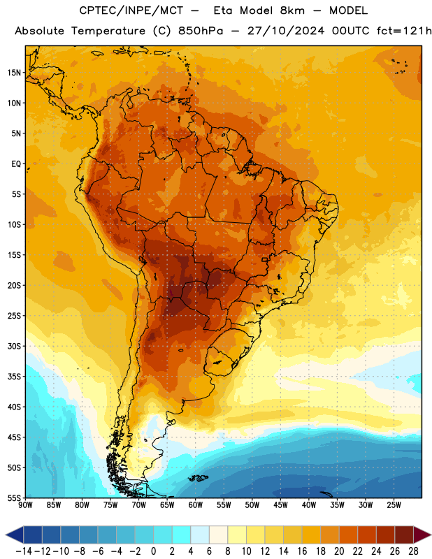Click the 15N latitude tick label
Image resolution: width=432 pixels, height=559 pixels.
[14, 73]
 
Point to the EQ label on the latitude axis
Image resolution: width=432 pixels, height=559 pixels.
[16, 164]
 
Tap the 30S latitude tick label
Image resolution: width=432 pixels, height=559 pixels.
[14, 346]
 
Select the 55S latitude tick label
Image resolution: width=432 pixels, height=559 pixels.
[14, 498]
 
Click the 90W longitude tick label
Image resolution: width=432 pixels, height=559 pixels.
[25, 505]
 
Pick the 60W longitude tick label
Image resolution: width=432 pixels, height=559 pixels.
[196, 505]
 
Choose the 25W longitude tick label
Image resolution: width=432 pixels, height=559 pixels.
[394, 505]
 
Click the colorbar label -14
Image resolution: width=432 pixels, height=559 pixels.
[24, 551]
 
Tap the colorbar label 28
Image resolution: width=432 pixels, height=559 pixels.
[413, 551]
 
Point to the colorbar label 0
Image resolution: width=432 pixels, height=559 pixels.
[154, 551]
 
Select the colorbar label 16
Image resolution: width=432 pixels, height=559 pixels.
[302, 551]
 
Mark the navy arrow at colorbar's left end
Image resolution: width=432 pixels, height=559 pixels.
[15, 535]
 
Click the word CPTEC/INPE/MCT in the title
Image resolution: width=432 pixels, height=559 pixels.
[131, 10]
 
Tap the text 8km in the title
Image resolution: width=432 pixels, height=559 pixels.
[293, 10]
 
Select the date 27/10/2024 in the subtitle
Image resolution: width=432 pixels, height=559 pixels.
[286, 31]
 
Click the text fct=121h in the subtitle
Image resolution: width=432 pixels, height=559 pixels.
[404, 31]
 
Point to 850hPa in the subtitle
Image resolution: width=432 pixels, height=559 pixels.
[201, 31]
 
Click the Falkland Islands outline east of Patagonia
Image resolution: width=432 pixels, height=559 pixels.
[199, 478]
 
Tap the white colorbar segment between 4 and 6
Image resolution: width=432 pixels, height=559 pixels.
[200, 535]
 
